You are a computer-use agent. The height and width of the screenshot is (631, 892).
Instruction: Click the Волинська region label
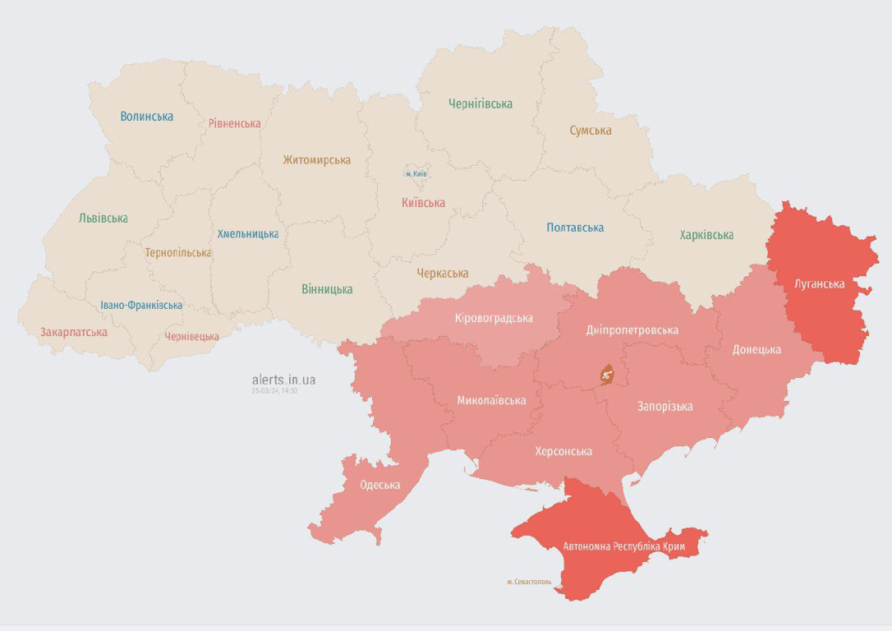(x=146, y=117)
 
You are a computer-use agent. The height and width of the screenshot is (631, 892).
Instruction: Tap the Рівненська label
(x=234, y=124)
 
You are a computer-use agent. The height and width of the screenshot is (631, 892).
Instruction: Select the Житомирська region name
(x=316, y=160)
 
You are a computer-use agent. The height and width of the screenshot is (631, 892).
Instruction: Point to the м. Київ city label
(x=416, y=174)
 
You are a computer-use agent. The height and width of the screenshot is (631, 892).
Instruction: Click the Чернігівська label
(x=480, y=104)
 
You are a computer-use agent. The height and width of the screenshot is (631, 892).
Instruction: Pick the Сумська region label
(x=591, y=131)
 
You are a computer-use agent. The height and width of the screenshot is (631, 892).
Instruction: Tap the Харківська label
(x=706, y=236)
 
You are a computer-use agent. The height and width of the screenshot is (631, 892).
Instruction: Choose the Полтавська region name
(x=575, y=228)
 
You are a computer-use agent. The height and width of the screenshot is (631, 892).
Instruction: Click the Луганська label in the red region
(x=820, y=284)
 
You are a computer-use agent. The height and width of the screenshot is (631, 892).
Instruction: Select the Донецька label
(x=756, y=350)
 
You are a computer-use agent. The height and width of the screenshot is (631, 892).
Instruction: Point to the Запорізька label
(x=664, y=407)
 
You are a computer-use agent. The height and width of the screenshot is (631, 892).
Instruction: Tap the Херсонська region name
(x=563, y=452)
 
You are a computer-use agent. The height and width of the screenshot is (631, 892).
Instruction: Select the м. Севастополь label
(x=529, y=582)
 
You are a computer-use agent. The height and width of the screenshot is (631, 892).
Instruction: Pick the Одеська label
(x=379, y=485)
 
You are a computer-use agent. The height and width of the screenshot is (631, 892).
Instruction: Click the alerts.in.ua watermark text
(x=283, y=380)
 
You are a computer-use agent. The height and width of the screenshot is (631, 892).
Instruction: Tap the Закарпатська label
(x=74, y=333)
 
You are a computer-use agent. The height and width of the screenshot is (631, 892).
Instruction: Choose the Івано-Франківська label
(x=141, y=306)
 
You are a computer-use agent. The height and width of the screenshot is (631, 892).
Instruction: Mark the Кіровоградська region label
(x=494, y=318)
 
